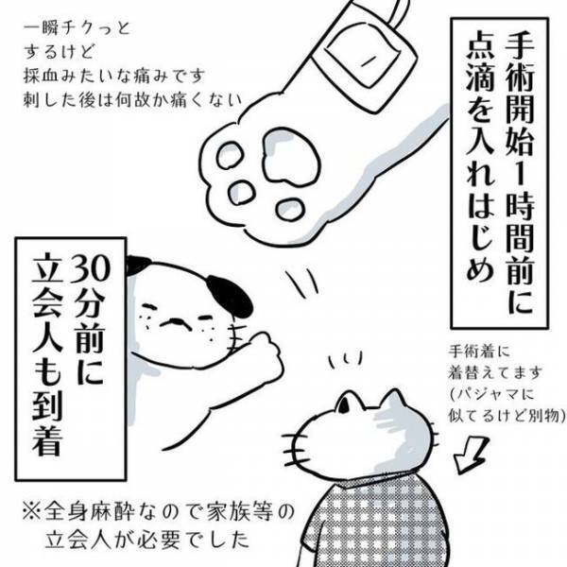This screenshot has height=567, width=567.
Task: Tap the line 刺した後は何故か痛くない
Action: (x=120, y=102)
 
